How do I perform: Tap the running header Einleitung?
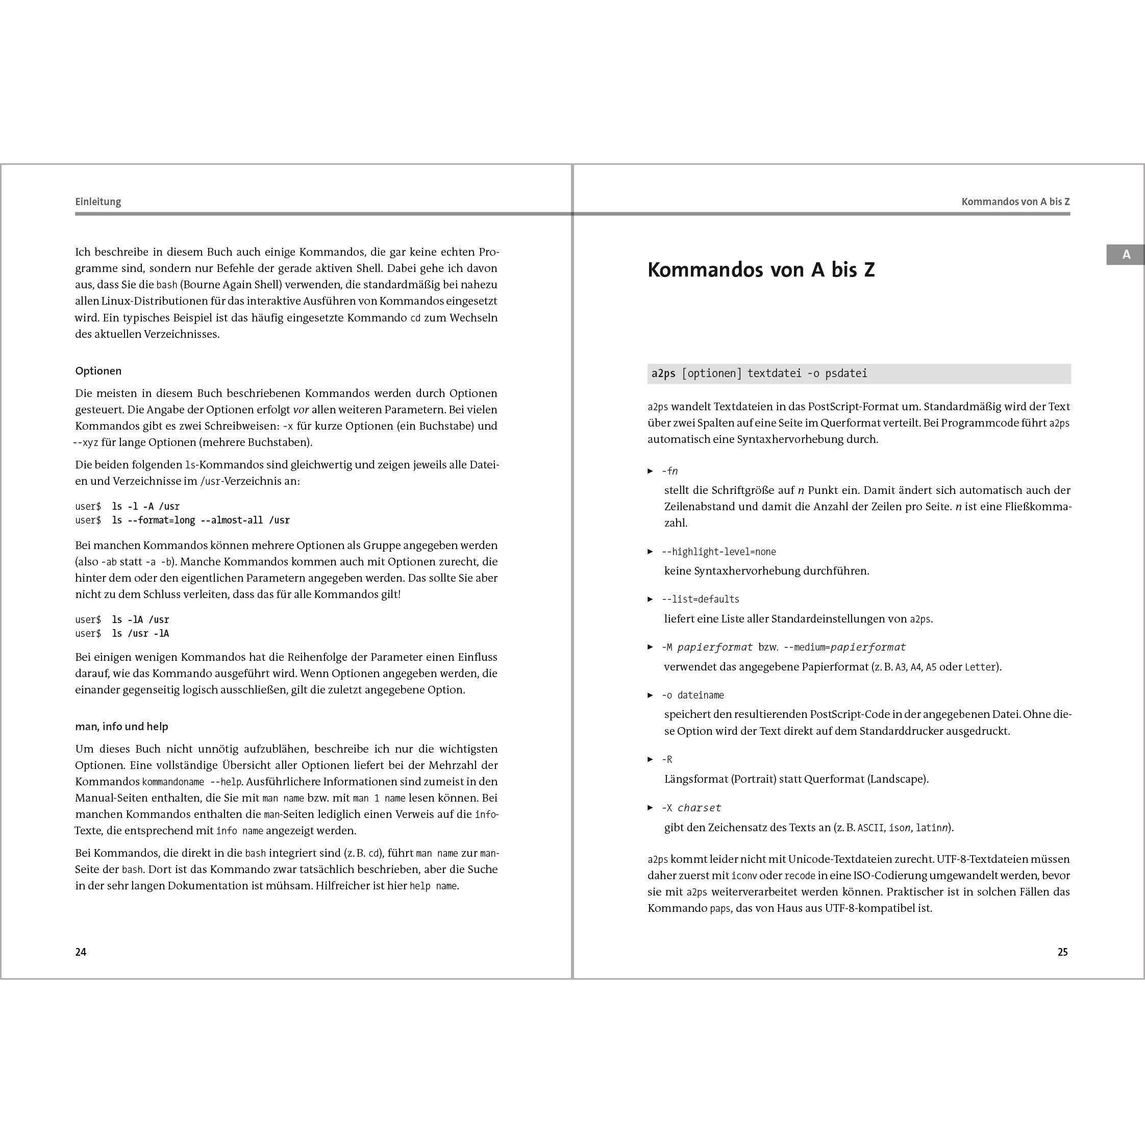point(98,202)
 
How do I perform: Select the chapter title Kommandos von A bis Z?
point(761,270)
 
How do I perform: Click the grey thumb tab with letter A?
point(1126,255)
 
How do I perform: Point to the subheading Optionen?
point(98,371)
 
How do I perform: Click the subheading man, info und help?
point(121,727)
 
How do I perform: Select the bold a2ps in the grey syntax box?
point(663,374)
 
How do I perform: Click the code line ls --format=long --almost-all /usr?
point(201,520)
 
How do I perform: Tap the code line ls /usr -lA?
point(140,634)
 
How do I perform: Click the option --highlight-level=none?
point(718,552)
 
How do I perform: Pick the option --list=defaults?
point(701,599)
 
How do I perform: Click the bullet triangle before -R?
point(650,760)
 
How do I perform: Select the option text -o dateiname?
point(693,695)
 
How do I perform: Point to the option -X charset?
point(691,808)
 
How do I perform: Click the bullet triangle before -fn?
point(650,471)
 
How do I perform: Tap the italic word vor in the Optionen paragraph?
point(301,410)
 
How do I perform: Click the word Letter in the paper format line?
point(981,667)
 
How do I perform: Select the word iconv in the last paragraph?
point(744,876)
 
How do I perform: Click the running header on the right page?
point(1015,202)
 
